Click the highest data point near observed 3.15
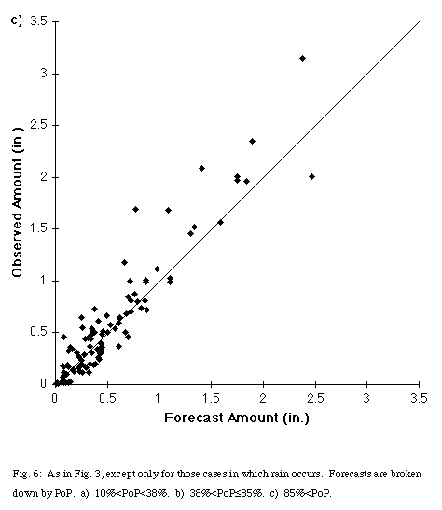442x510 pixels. point(302,58)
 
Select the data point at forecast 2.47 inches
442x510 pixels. point(311,176)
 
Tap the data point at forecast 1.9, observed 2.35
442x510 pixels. point(252,141)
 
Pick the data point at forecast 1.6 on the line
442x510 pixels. point(220,223)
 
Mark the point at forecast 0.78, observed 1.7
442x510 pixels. point(135,209)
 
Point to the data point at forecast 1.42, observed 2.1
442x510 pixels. point(201,168)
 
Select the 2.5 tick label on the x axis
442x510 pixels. point(315,398)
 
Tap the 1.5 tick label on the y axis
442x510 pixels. point(39,228)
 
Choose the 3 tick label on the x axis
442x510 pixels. point(366,398)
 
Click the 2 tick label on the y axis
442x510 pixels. point(44,177)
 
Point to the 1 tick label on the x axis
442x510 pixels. point(159,398)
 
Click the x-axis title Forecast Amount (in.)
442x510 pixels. point(237,418)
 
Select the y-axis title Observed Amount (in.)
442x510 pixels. point(17,202)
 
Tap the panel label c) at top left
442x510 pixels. point(17,21)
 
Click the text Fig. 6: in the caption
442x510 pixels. point(27,474)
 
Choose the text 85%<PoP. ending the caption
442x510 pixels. point(308,494)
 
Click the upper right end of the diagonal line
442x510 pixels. point(420,21)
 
